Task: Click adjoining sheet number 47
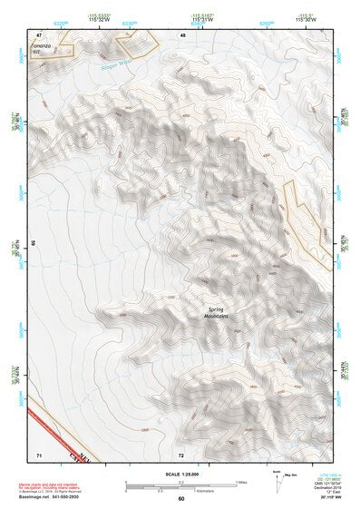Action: click(40, 34)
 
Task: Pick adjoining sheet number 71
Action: click(39, 454)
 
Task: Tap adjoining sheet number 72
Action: click(181, 454)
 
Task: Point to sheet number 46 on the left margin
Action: click(34, 244)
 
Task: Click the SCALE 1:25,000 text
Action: click(180, 471)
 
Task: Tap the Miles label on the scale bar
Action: click(240, 482)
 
